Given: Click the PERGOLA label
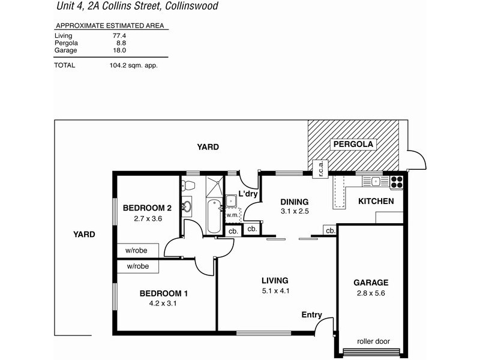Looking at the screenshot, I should [353, 144].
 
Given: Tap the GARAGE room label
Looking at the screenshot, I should [370, 283].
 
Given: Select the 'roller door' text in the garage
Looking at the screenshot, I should [373, 341].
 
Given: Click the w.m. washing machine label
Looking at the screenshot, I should [232, 214].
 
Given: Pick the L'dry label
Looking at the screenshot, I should [248, 194].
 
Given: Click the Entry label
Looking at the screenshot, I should [312, 315].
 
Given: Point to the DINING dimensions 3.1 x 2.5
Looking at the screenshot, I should [294, 212].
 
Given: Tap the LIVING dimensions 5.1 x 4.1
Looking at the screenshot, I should [275, 291].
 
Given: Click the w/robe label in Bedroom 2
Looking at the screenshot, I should [137, 250].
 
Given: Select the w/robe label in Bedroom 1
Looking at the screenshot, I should [137, 266].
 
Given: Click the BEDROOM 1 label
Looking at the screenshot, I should [164, 293].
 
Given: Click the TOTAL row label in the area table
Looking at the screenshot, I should [65, 65].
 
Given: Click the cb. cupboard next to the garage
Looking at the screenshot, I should [330, 230].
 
